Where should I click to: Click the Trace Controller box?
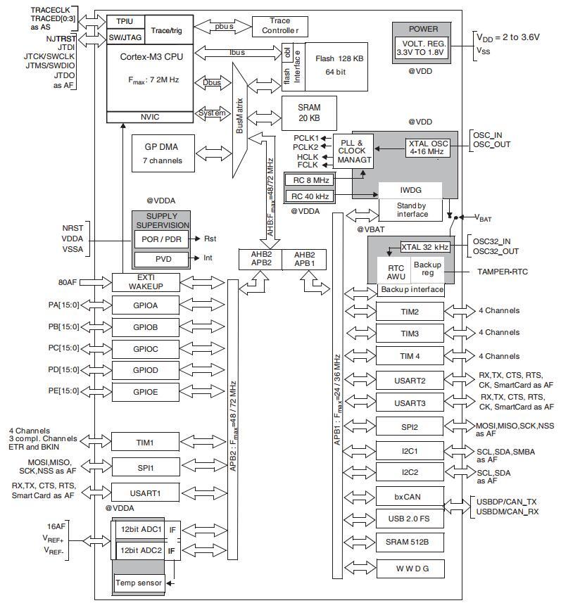click(x=279, y=27)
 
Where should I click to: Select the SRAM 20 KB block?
click(x=309, y=113)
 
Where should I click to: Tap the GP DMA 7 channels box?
click(x=163, y=153)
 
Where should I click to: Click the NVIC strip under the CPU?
click(x=150, y=117)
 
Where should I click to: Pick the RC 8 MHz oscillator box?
click(x=309, y=180)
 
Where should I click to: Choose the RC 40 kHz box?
click(x=309, y=196)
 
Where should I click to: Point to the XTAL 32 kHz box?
click(x=424, y=247)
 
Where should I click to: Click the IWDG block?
click(x=410, y=190)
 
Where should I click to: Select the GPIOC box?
click(x=146, y=349)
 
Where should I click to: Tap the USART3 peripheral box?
click(x=410, y=403)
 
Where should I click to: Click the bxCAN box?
click(x=410, y=497)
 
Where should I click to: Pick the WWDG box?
click(x=410, y=569)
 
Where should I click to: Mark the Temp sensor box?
click(x=139, y=583)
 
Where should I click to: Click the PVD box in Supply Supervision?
click(x=162, y=259)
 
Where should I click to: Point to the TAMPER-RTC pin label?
click(x=503, y=272)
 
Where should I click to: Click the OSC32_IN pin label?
click(x=491, y=241)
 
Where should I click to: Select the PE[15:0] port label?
click(x=63, y=391)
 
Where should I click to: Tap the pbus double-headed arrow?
click(x=223, y=27)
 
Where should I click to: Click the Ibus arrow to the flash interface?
click(x=238, y=53)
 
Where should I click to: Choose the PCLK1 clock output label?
click(x=306, y=138)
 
